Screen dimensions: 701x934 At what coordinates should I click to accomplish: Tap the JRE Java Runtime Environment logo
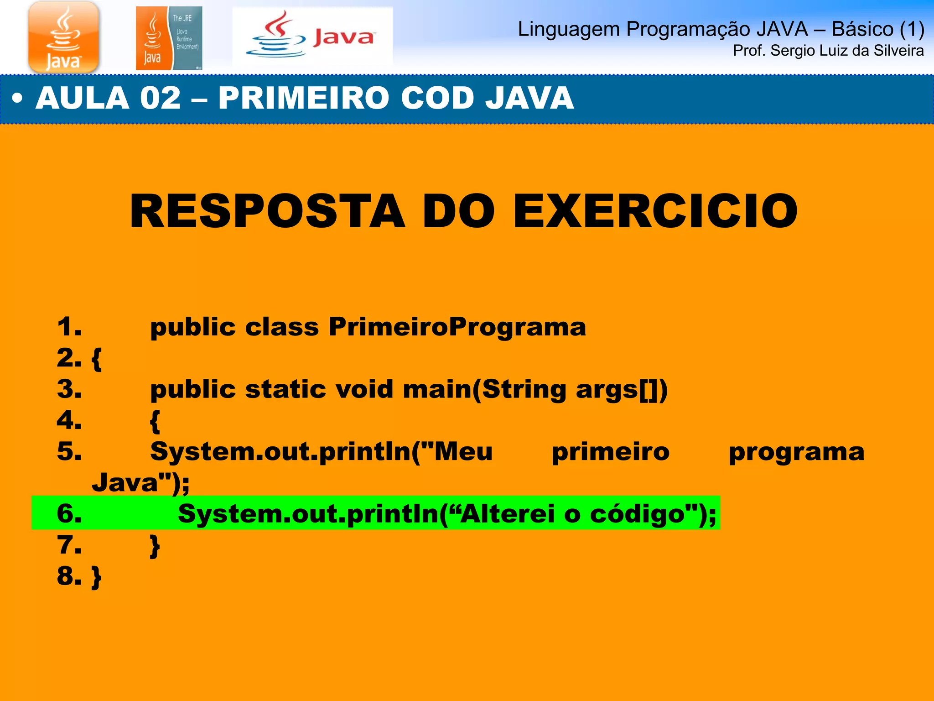(169, 38)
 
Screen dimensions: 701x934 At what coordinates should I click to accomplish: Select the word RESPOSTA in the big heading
(267, 211)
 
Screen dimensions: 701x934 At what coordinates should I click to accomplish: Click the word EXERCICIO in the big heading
(655, 211)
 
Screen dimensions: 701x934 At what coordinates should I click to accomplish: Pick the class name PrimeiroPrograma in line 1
(457, 327)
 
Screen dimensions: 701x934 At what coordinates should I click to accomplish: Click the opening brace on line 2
(97, 359)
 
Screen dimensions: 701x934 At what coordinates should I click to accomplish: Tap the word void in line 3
(364, 389)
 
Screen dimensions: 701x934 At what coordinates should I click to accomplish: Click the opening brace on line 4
(155, 421)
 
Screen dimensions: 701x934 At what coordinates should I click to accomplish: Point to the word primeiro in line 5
(610, 452)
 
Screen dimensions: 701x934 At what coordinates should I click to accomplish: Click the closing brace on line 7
(155, 546)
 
